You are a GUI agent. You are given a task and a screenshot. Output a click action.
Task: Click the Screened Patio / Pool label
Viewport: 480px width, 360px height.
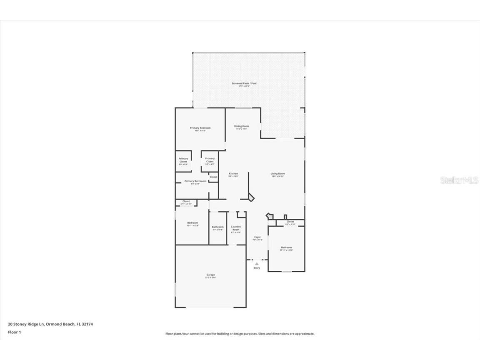pos(244,83)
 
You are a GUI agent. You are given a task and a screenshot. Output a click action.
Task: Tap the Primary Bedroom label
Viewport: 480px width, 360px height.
pos(200,128)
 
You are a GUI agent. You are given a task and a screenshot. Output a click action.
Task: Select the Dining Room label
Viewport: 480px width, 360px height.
pos(242,126)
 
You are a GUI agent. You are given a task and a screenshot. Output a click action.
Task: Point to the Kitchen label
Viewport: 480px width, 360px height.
pos(233,174)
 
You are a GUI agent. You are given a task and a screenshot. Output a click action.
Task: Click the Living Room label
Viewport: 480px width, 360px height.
pos(277,174)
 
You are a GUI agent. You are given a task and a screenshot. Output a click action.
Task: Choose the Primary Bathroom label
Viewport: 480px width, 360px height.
pos(195,181)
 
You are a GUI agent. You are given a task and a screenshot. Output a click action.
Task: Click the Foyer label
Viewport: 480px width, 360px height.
pos(257,237)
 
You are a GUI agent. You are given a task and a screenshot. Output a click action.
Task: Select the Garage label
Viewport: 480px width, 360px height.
pos(210,275)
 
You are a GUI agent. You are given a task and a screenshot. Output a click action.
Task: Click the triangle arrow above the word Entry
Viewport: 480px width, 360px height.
pos(257,263)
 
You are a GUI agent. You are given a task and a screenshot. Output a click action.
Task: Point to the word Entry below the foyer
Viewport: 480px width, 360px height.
pos(257,268)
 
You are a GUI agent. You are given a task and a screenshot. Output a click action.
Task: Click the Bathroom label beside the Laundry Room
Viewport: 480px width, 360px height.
pos(217,227)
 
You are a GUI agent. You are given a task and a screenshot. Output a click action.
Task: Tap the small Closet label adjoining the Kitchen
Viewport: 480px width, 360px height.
pos(213,177)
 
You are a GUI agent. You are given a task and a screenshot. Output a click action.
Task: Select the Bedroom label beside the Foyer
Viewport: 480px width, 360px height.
pos(286,247)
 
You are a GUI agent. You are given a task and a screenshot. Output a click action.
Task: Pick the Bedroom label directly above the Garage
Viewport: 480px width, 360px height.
pos(192,223)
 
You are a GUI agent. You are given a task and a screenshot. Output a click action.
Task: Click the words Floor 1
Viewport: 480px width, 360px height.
pos(14,332)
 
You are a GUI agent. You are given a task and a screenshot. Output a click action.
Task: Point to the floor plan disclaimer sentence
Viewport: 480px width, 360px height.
pos(240,334)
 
